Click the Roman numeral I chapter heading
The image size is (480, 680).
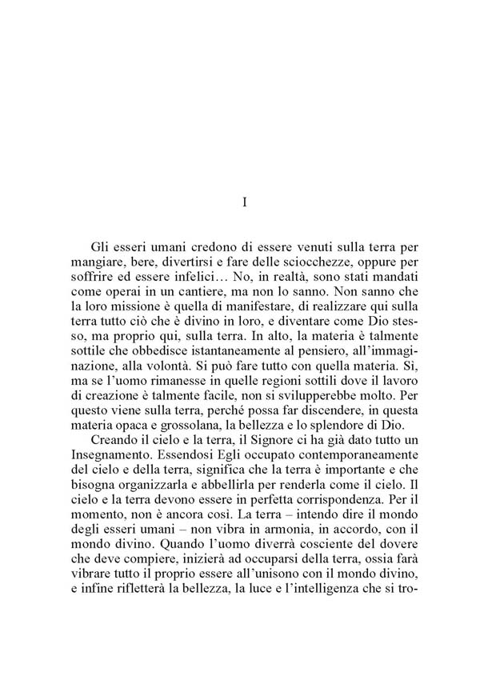(x=243, y=203)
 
